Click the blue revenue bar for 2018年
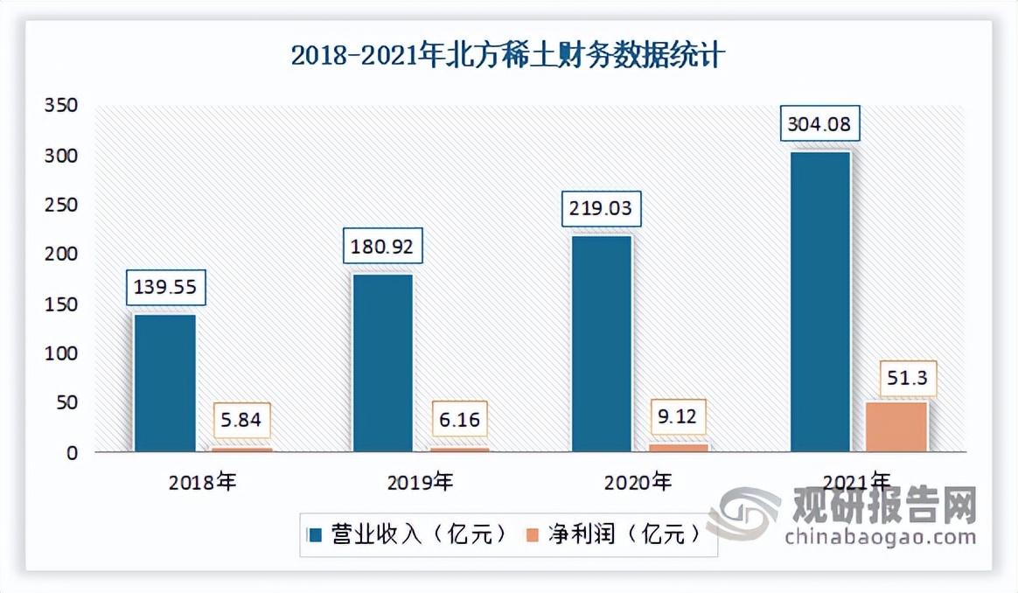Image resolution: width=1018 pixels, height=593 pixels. tap(164, 383)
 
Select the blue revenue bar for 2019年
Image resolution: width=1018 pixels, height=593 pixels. tap(382, 363)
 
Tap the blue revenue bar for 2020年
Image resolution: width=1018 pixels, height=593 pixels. tap(601, 344)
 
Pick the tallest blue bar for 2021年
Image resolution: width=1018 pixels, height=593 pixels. tap(819, 302)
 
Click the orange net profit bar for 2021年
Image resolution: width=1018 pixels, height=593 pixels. tap(896, 427)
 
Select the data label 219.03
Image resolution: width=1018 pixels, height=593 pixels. tap(603, 211)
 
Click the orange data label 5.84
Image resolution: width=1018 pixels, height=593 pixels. tap(242, 420)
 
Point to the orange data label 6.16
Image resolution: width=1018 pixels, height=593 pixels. tap(460, 420)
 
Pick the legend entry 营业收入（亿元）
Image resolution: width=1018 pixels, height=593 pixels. tap(407, 534)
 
